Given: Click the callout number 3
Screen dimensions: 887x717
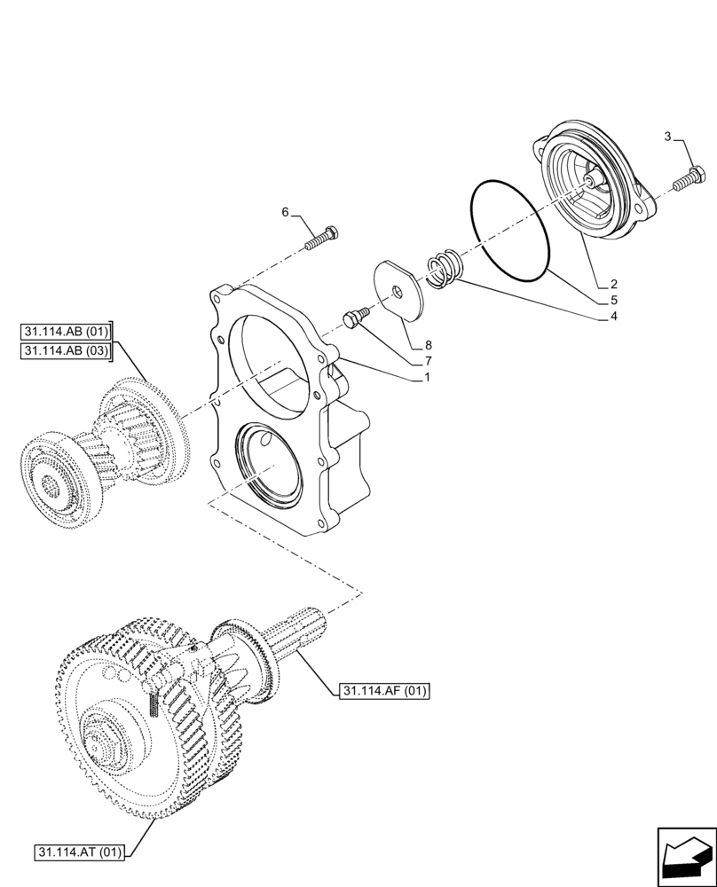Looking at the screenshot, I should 666,137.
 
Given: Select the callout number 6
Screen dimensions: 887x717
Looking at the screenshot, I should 286,212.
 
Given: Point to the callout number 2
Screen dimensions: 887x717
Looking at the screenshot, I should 613,285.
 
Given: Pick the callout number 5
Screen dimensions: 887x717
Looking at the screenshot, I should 613,301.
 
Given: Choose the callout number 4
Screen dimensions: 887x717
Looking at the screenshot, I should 613,316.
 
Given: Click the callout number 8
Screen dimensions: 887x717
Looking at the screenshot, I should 428,345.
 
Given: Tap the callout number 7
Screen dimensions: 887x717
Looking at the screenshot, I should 428,360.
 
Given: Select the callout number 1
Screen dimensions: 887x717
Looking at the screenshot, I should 428,377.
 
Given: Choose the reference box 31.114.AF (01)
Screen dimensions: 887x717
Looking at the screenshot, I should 382,691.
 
